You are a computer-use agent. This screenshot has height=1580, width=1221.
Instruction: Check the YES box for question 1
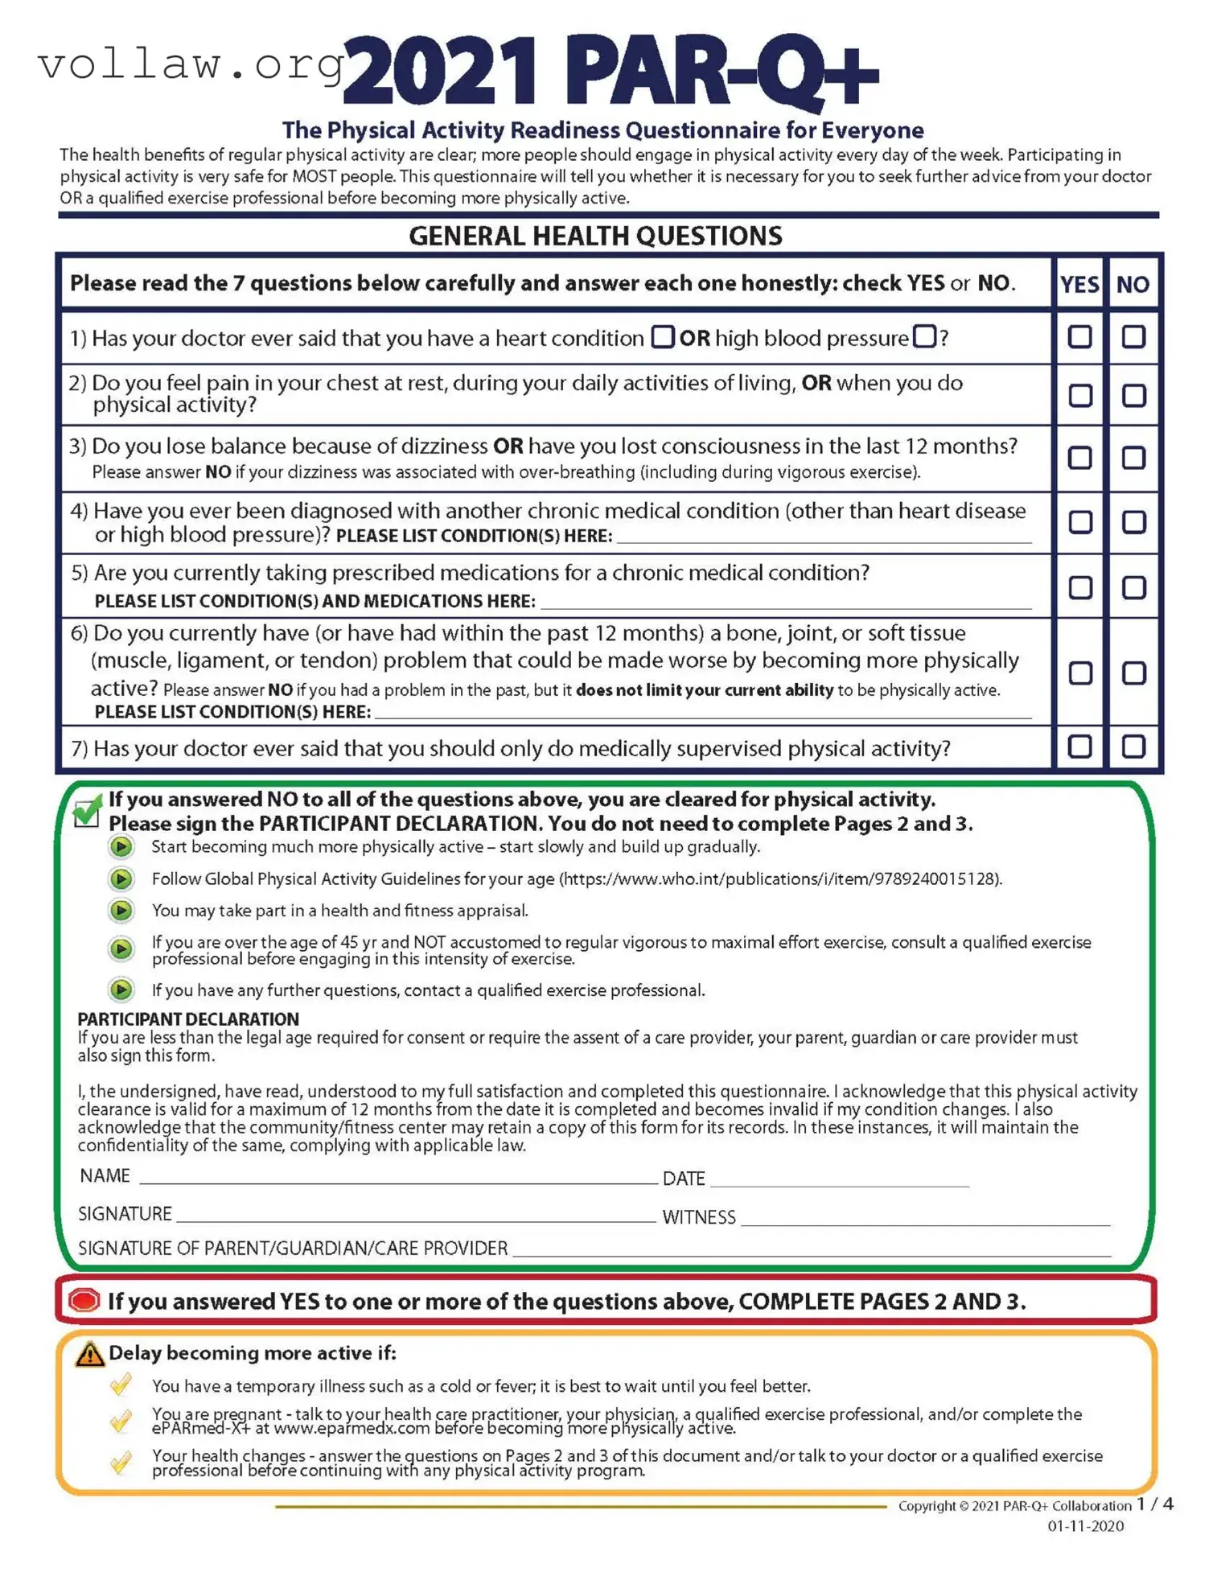[1079, 336]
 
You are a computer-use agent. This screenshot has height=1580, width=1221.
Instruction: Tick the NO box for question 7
[1133, 746]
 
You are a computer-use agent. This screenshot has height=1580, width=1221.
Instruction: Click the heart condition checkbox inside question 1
[662, 336]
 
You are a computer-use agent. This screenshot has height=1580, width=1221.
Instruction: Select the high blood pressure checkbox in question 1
[924, 336]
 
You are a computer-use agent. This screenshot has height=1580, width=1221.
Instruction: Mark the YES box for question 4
[1079, 521]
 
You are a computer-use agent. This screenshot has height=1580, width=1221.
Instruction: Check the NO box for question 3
[1133, 457]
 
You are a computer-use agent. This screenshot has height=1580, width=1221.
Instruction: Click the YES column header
[1079, 284]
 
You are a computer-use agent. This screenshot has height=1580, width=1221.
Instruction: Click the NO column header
[1132, 284]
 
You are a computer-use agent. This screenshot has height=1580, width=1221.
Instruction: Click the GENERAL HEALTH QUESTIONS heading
[595, 236]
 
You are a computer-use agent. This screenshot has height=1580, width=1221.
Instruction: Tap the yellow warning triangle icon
[89, 1354]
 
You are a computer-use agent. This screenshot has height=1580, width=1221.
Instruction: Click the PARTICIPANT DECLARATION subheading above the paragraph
[188, 1018]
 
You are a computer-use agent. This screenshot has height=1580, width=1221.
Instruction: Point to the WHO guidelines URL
[780, 878]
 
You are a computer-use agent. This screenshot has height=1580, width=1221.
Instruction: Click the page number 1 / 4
[1154, 1504]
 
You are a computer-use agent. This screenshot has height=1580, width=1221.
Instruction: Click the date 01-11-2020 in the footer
[1085, 1526]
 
